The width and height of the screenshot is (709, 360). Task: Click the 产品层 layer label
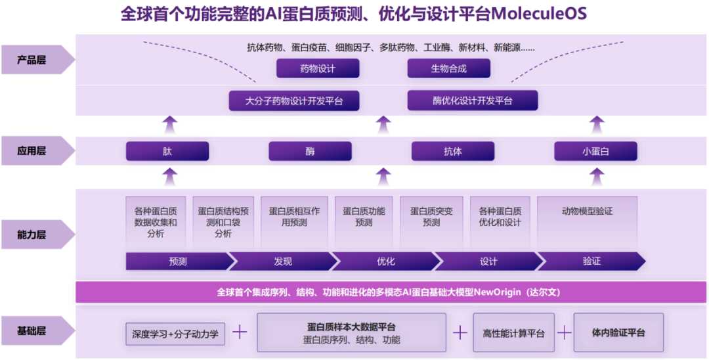point(33,60)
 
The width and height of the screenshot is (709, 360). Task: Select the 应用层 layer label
point(33,151)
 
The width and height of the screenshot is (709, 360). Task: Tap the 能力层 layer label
point(33,235)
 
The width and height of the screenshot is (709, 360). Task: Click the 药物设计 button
point(318,68)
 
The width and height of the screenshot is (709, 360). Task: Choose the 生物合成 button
point(449,68)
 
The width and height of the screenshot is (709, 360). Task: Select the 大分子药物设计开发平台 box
point(294,101)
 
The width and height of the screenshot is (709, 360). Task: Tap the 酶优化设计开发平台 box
point(473,101)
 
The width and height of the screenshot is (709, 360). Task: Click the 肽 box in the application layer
point(167,152)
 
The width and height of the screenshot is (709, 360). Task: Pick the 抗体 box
point(453,152)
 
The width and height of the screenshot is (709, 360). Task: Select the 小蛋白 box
point(595,152)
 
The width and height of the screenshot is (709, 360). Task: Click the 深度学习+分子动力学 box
point(175,334)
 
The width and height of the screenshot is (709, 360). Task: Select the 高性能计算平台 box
point(513,333)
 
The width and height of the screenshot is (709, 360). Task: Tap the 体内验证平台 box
point(618,332)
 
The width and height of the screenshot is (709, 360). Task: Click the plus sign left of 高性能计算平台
point(460,333)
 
